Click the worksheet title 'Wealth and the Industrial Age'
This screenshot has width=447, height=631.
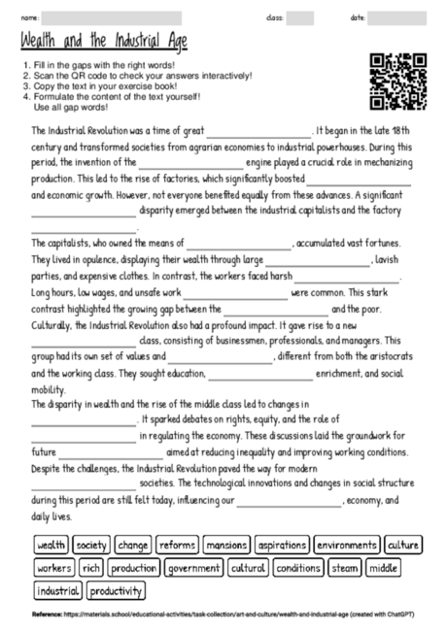pos(103,42)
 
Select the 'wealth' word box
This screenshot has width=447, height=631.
pos(52,546)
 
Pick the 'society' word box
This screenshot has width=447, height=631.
pos(92,546)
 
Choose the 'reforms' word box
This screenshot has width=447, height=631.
pos(178,546)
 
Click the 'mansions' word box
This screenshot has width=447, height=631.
pos(226,546)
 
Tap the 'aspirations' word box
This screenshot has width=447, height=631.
pos(283,546)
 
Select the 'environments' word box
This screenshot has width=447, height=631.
pos(347,546)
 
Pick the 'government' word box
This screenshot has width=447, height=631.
pos(193,568)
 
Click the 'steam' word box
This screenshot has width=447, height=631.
pos(344,568)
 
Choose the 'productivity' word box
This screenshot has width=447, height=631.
pos(116,590)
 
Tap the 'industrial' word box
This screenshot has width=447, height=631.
pos(58,590)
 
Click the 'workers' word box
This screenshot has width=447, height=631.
pos(54,568)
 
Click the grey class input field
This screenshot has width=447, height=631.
pos(299,17)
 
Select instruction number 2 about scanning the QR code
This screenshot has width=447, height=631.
pos(136,76)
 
